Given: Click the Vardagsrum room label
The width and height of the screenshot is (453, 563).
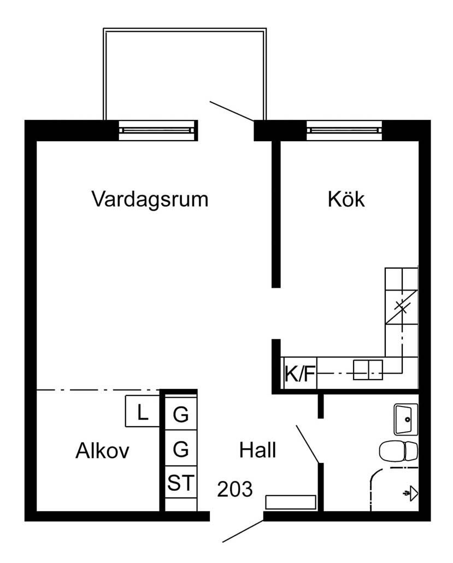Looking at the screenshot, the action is [x=150, y=200].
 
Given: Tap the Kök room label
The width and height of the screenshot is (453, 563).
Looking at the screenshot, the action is [x=346, y=199].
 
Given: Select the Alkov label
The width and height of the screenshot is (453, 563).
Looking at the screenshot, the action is [x=102, y=451].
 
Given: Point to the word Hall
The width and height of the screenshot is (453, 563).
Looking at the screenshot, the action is [x=257, y=450].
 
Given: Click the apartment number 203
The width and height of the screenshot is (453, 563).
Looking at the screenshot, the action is [x=235, y=489].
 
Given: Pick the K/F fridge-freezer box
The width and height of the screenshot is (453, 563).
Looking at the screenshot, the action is [x=300, y=373].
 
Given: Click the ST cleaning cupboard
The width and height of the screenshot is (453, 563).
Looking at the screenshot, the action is [x=181, y=482].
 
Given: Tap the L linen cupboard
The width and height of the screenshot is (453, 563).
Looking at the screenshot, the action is [x=143, y=411].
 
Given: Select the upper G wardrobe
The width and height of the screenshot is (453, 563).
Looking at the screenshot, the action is [x=181, y=414].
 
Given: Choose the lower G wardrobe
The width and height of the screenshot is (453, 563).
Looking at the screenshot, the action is [x=181, y=448].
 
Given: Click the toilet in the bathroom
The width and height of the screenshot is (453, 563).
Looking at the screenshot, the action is [x=398, y=451].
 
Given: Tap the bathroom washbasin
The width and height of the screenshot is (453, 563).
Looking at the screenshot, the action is [x=405, y=419].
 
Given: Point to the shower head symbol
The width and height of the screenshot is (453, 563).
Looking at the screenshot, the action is [x=411, y=494].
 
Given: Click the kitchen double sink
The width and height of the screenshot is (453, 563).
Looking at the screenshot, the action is [x=368, y=370].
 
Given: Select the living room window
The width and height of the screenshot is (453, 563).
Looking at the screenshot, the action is [x=158, y=130].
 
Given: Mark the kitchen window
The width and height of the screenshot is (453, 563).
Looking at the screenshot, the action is [x=344, y=130].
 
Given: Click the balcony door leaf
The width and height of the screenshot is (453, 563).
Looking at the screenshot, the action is [x=232, y=111].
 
